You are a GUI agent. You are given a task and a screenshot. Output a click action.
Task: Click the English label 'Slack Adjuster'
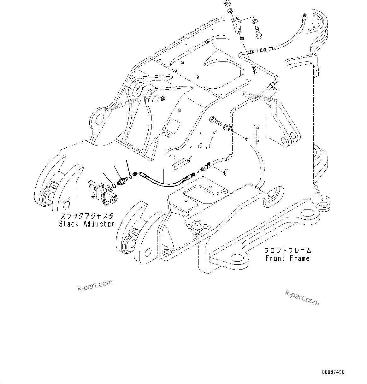coord(86,224)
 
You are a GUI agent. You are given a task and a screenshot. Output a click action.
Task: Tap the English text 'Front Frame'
coord(287,258)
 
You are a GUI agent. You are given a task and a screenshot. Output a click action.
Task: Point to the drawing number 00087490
coord(334,372)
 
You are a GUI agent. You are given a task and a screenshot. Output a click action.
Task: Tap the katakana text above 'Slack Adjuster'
coord(87,216)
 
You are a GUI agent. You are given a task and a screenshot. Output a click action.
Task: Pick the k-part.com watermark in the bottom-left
coord(95,285)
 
